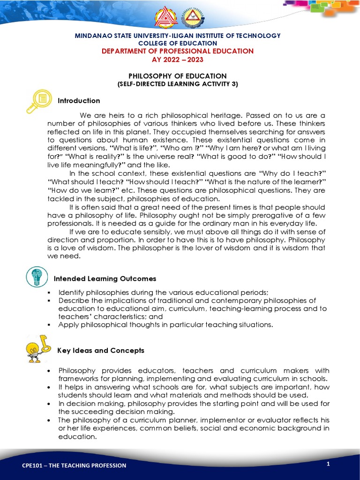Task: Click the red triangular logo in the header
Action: (166, 17)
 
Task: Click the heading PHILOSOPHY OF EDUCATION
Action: (178, 76)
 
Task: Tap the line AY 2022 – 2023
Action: (178, 60)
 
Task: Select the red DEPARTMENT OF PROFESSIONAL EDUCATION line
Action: (178, 51)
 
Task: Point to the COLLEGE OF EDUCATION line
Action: (178, 43)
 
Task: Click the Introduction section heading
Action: (79, 101)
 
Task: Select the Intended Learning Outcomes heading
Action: (105, 278)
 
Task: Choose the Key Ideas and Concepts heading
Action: (101, 351)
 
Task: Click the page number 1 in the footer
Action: (329, 464)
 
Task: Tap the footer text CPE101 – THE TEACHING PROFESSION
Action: (75, 465)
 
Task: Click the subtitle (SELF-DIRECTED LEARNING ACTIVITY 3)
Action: (178, 84)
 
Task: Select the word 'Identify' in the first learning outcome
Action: (71, 292)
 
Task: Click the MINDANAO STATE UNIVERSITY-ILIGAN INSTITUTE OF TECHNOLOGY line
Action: (178, 36)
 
